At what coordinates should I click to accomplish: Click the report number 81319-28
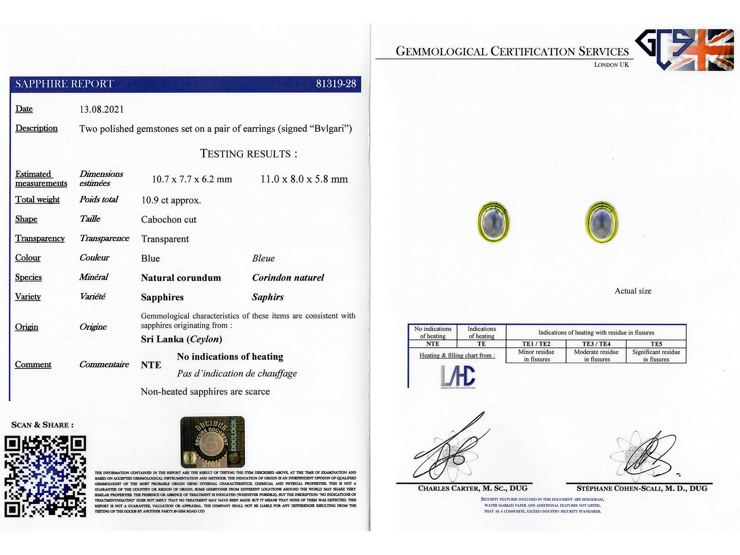(336, 84)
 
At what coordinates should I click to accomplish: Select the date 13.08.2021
(102, 109)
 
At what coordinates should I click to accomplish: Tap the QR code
(45, 476)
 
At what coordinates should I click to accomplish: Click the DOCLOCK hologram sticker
(212, 442)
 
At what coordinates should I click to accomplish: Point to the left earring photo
(494, 222)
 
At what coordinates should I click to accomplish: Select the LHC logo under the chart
(458, 376)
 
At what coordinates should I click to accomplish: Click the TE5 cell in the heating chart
(656, 344)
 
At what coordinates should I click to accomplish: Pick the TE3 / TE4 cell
(596, 344)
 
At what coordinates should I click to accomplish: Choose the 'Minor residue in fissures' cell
(536, 355)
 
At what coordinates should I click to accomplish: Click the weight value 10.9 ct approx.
(171, 200)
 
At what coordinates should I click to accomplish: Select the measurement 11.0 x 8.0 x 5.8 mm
(304, 179)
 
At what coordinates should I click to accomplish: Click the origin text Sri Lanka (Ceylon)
(182, 339)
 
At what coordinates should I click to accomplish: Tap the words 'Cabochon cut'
(169, 220)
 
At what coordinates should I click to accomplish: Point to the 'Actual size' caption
(633, 291)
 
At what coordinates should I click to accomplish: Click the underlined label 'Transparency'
(40, 239)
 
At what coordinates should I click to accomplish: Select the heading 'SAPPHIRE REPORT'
(65, 84)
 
